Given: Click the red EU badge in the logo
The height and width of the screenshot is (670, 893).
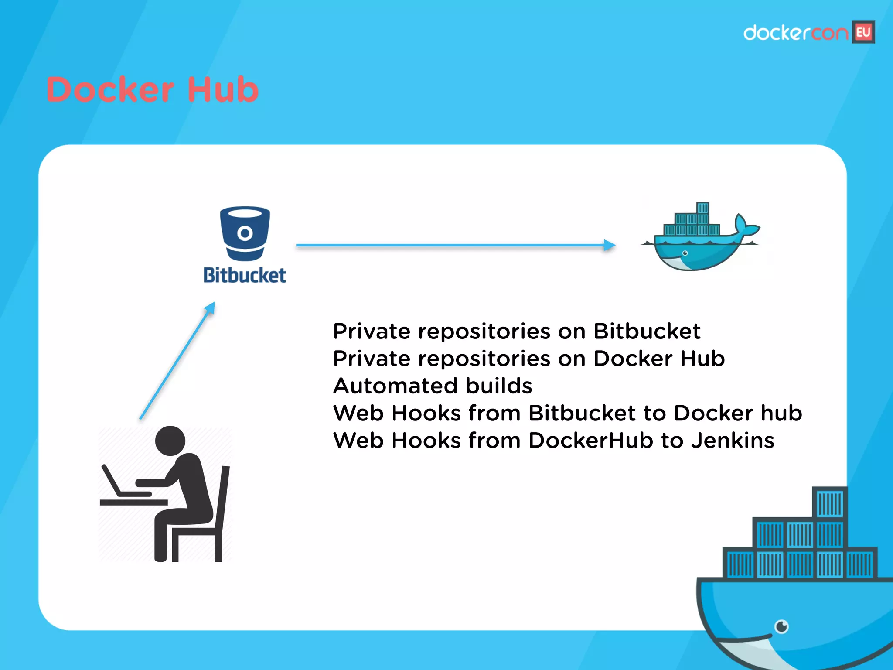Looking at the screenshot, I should [x=863, y=32].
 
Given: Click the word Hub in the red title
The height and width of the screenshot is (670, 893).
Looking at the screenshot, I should [x=223, y=90].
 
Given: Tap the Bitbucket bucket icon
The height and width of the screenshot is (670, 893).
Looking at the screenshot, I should [x=245, y=232].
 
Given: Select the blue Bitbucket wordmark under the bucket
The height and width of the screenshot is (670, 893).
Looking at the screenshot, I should [x=245, y=276].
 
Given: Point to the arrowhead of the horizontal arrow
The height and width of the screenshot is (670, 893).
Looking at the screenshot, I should [x=610, y=245].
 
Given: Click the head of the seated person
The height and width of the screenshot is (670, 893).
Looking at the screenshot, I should [x=170, y=441].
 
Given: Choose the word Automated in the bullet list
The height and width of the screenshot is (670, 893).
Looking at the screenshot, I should [x=396, y=386].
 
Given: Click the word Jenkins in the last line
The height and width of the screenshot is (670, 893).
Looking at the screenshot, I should [x=733, y=441].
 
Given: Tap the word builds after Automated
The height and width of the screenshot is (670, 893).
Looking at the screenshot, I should [x=499, y=386].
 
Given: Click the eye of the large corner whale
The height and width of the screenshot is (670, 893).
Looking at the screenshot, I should [x=781, y=627].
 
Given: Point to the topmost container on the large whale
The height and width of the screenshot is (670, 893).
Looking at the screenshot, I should [x=830, y=503].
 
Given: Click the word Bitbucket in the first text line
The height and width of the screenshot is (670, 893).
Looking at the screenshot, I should [x=647, y=332].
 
